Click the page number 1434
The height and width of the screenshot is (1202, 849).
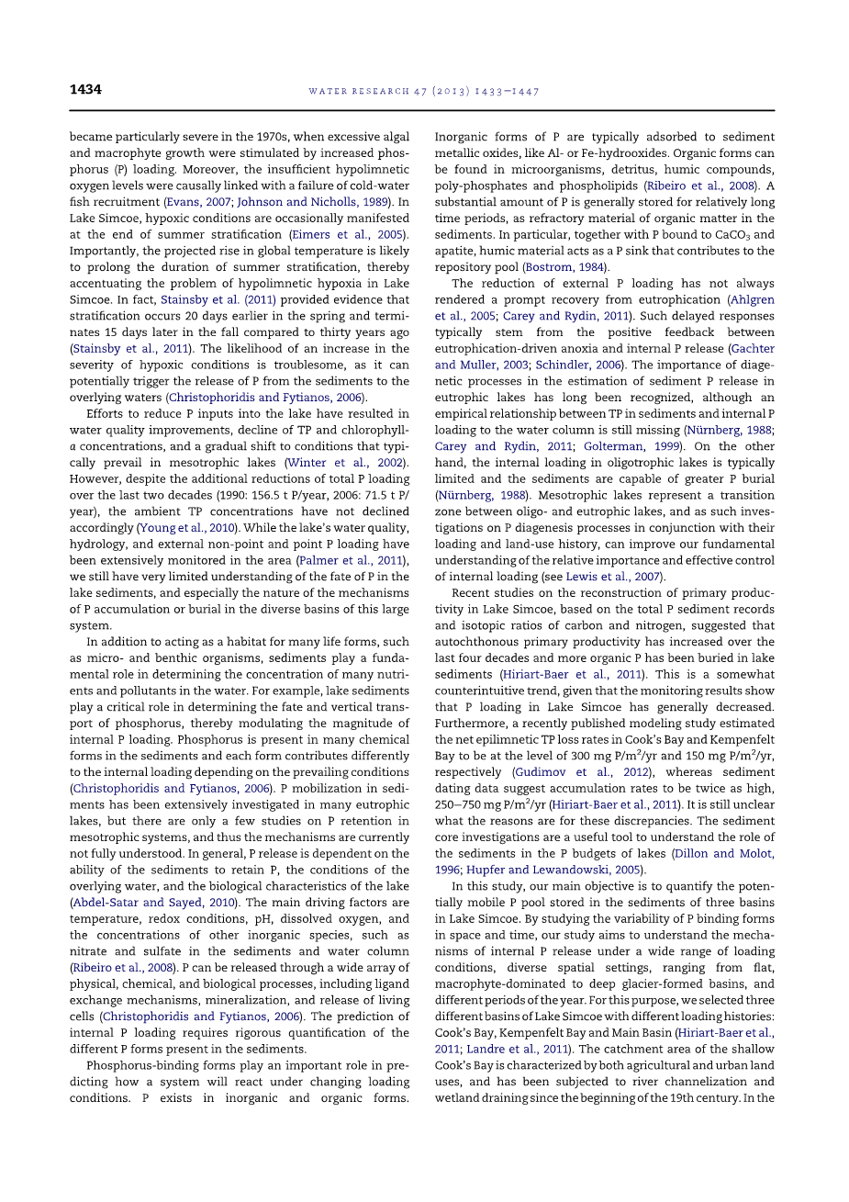(x=85, y=90)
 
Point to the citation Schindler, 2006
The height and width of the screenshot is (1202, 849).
(x=579, y=365)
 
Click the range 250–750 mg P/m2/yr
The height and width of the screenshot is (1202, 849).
(x=491, y=805)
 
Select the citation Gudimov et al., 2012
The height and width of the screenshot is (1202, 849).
(x=582, y=772)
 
